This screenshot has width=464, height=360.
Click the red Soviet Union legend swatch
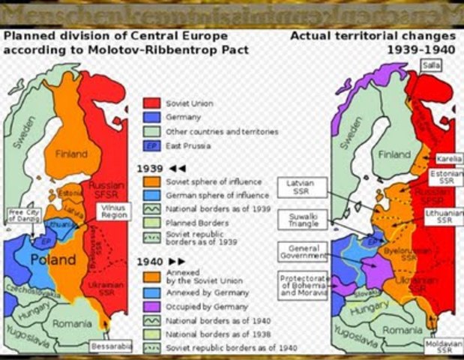tap(151, 103)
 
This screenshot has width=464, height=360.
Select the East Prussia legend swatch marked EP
tap(151, 145)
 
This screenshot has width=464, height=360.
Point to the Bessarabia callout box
tap(110, 346)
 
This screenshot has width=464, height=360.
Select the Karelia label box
tap(448, 159)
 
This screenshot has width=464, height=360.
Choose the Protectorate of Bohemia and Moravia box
tap(303, 286)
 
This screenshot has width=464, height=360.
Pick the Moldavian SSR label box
tap(443, 346)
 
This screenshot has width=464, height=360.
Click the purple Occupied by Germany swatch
tap(151, 306)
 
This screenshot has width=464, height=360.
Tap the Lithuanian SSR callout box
tap(445, 216)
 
